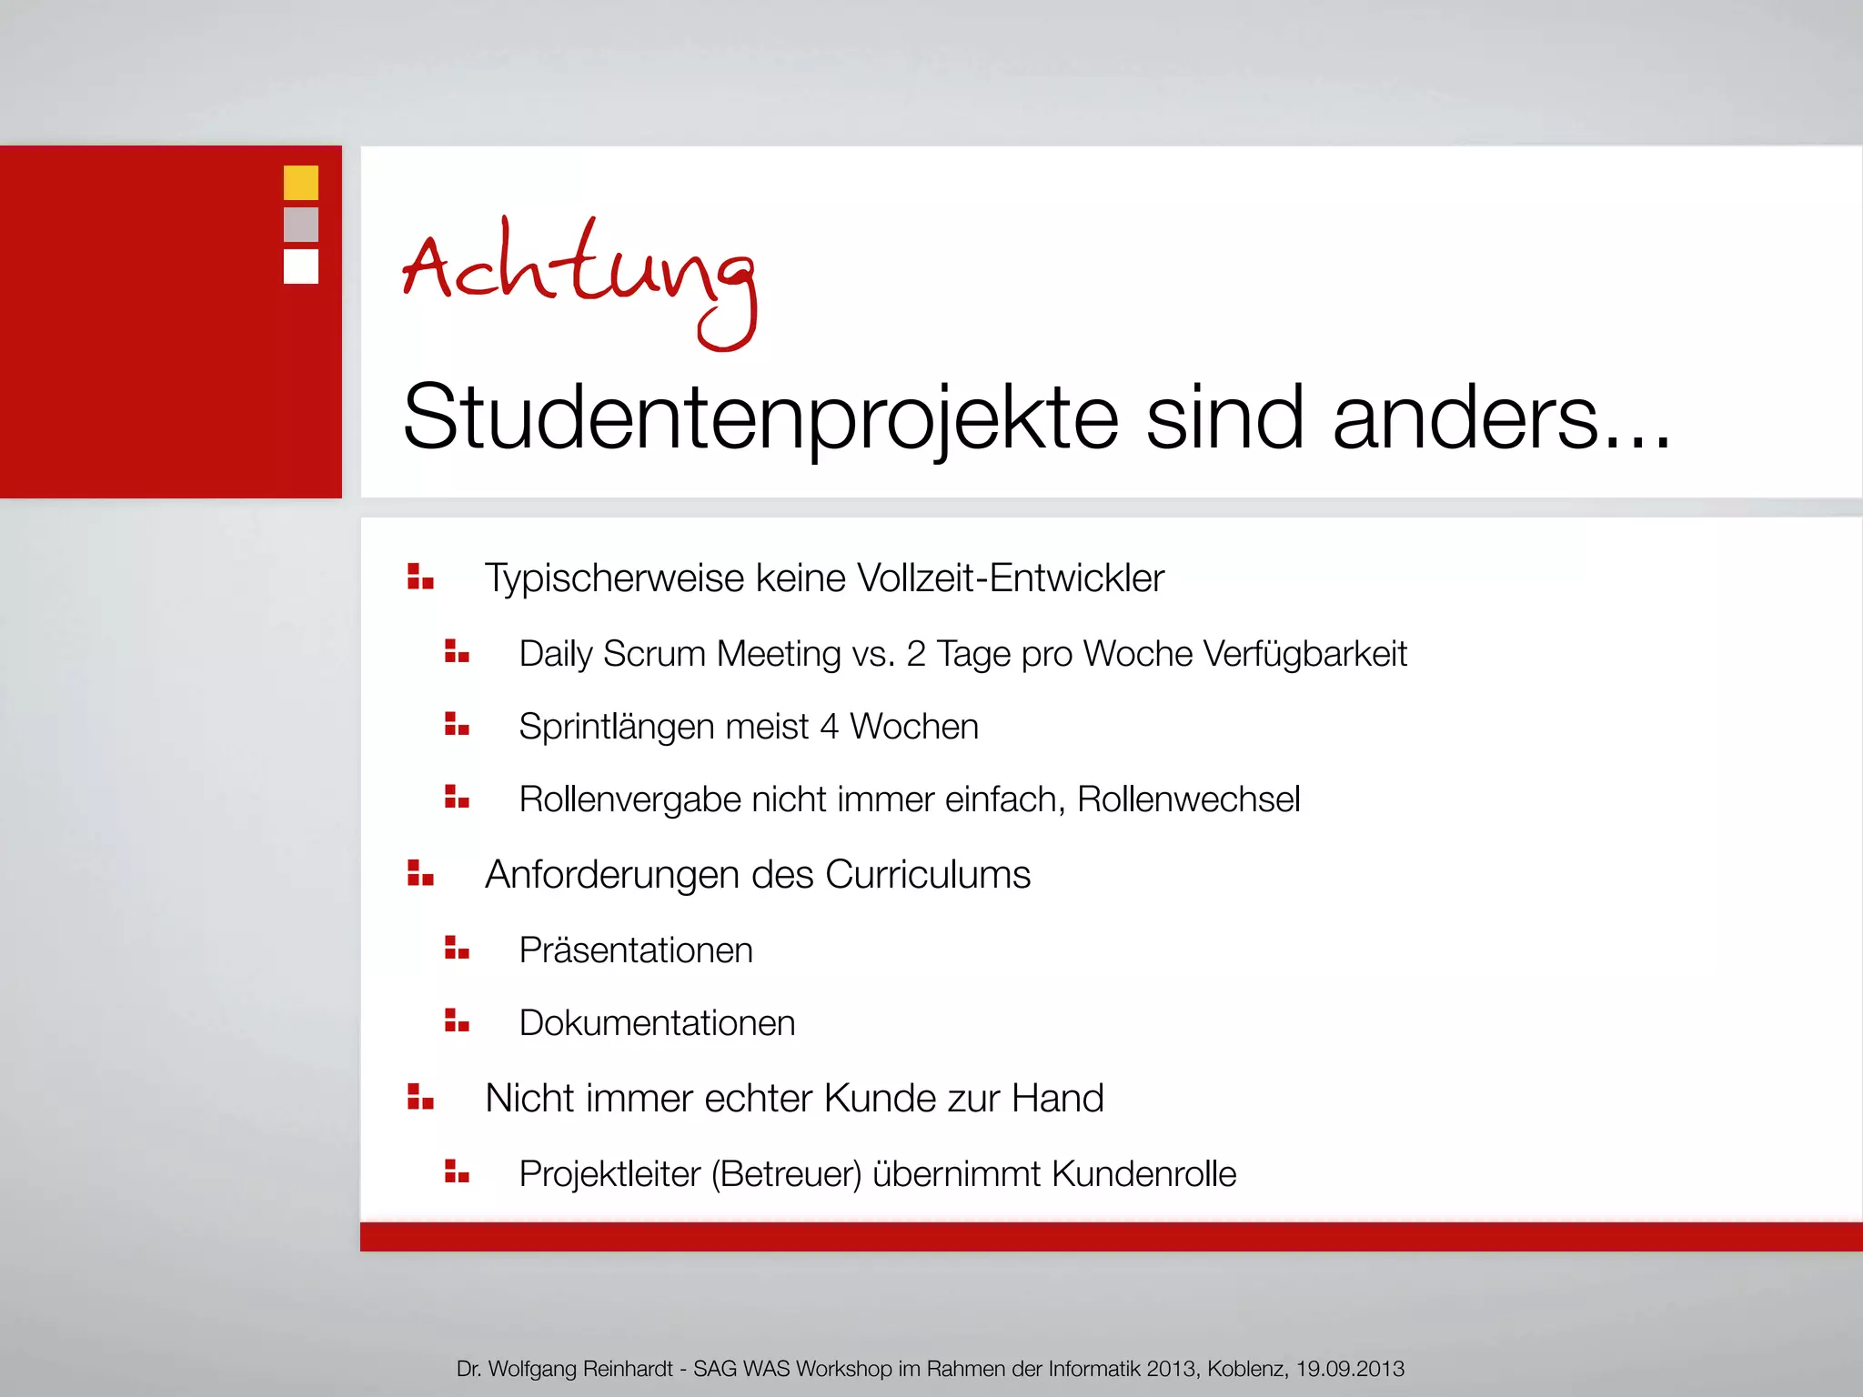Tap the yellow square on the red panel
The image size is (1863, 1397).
click(x=301, y=183)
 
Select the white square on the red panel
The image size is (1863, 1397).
click(x=301, y=266)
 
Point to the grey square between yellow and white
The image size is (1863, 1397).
click(x=301, y=225)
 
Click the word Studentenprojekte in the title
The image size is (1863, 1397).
click(x=760, y=418)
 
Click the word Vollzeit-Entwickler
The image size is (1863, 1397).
click(x=1010, y=578)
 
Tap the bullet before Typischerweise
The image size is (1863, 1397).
click(x=420, y=577)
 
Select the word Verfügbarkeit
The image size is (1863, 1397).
click(x=1304, y=654)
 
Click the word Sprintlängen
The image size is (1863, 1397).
click(x=616, y=728)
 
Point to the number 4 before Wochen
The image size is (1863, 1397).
click(x=829, y=727)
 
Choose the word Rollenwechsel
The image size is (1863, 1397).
click(x=1188, y=799)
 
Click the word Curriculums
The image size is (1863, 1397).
click(x=928, y=875)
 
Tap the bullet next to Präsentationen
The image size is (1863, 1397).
click(x=457, y=949)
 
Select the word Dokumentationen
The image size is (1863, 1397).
click(x=657, y=1023)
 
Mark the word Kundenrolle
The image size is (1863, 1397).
click(x=1143, y=1174)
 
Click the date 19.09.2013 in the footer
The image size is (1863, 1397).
click(x=1350, y=1369)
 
